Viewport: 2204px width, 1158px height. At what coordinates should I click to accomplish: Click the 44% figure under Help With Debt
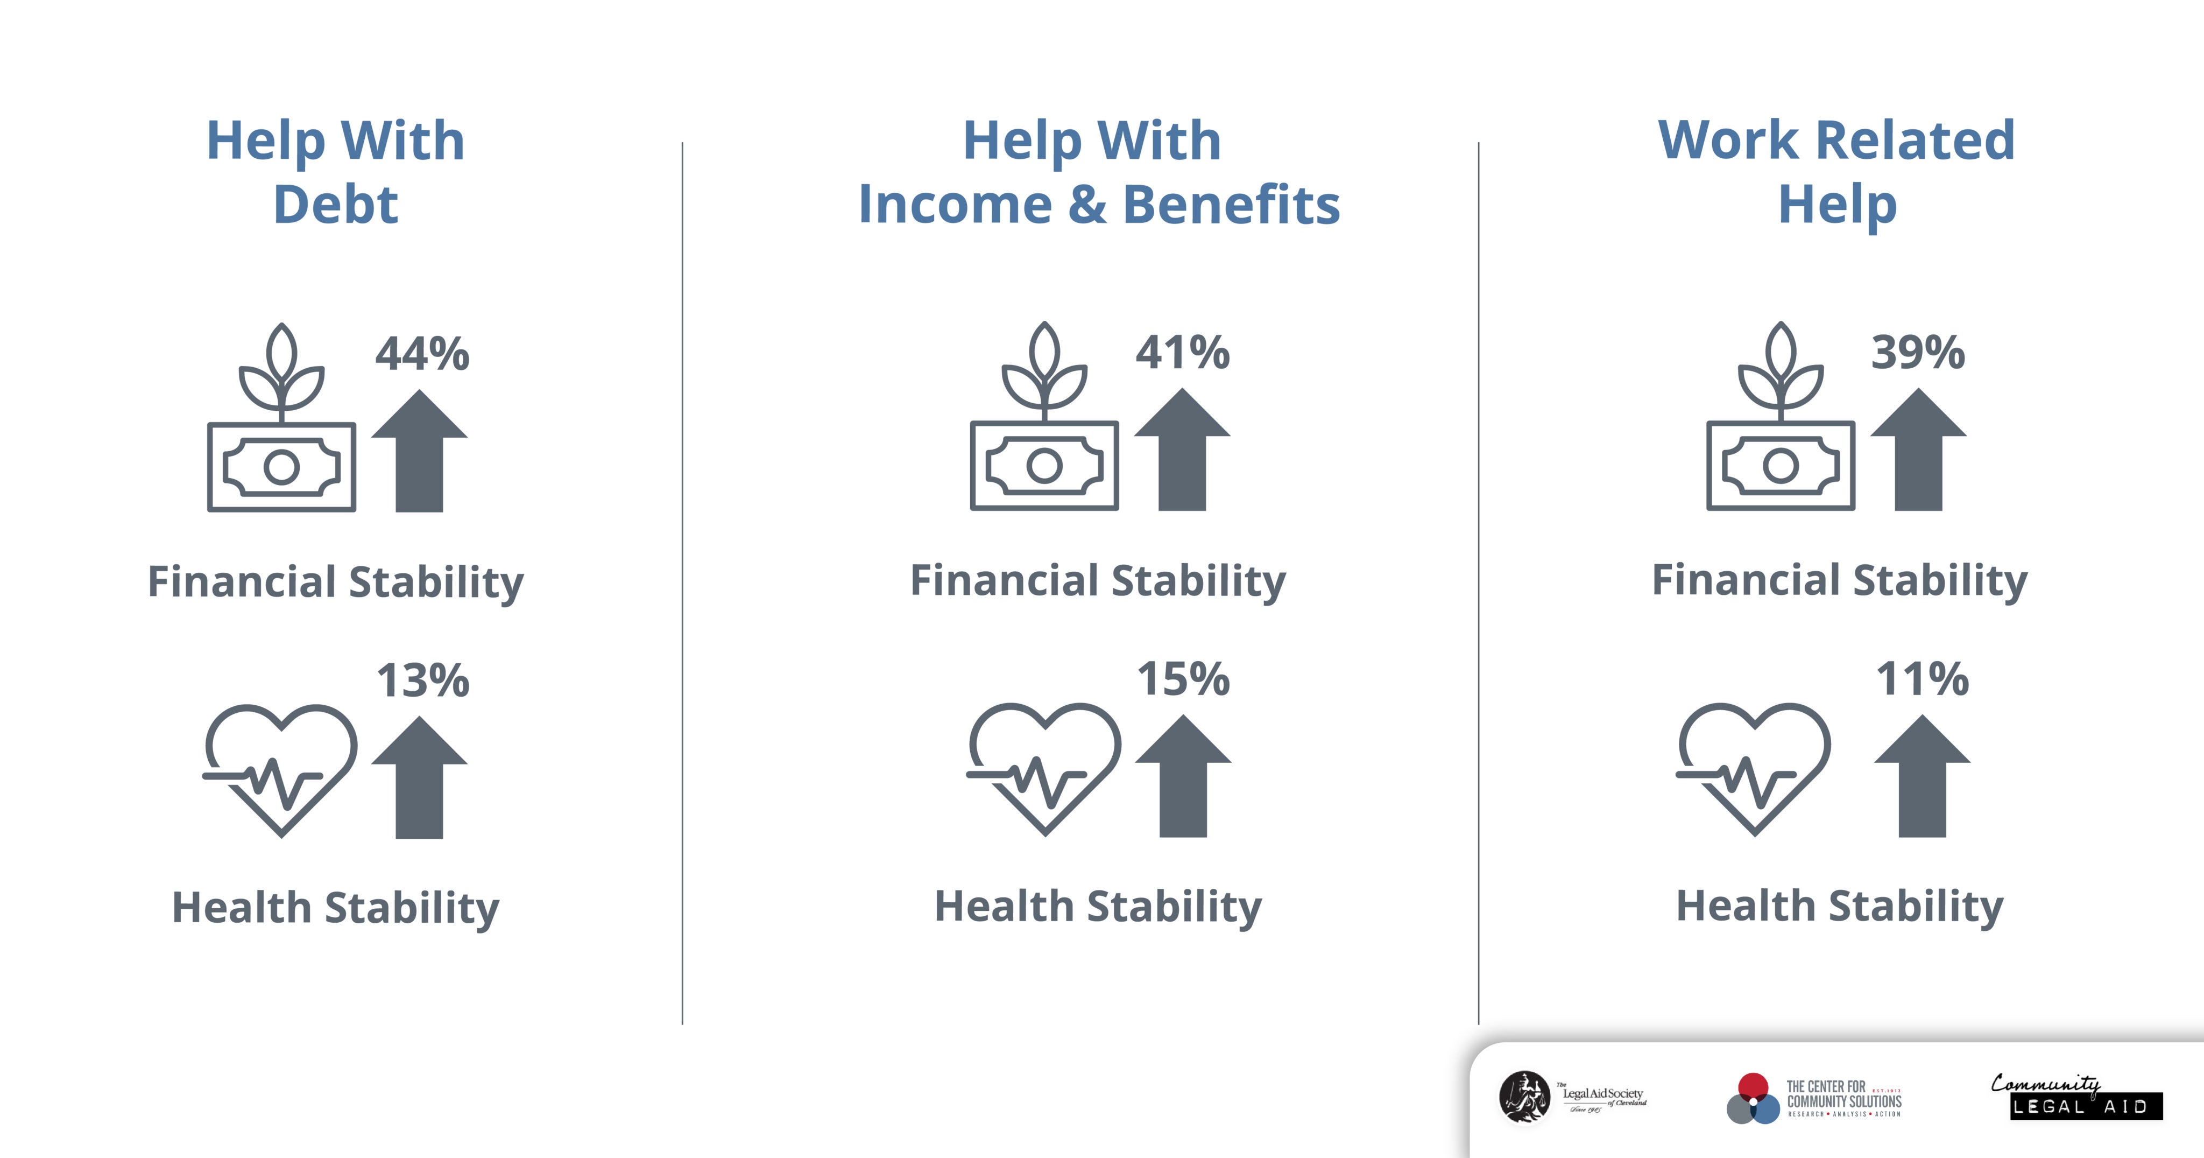point(422,354)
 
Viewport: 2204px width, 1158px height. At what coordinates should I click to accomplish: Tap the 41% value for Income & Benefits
point(1182,352)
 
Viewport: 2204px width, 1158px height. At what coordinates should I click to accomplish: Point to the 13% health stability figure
point(422,680)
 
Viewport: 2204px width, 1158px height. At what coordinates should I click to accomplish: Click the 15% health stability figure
point(1183,679)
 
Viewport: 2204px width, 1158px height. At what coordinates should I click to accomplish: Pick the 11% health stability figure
point(1922,679)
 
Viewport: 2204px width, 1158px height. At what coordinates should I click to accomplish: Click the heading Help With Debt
point(335,171)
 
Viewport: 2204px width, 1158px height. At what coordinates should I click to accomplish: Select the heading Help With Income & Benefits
point(1099,171)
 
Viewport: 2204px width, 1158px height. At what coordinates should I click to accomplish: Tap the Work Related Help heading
point(1837,171)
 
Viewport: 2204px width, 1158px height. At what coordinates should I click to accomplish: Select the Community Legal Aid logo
point(2076,1097)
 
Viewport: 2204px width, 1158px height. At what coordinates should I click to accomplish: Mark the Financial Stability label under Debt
point(335,582)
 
